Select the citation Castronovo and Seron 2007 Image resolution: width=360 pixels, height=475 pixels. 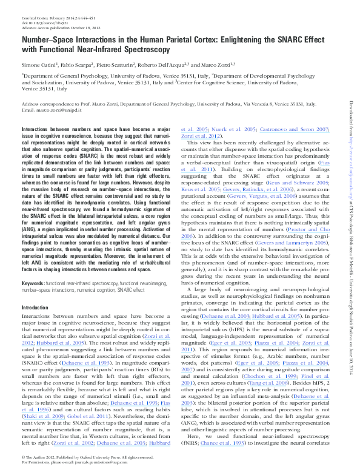click(295, 130)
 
